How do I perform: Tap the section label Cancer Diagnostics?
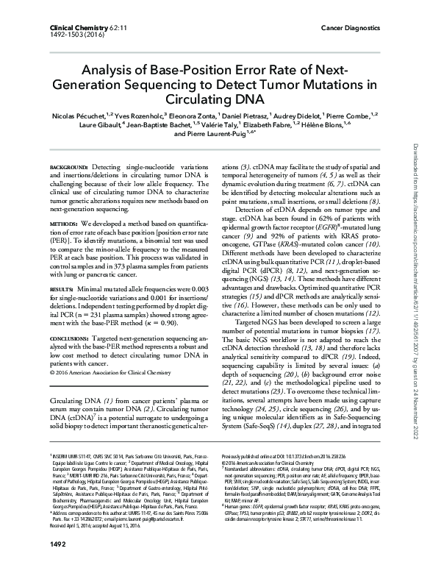tap(354, 26)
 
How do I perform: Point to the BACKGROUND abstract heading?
tap(70, 168)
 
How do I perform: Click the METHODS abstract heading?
tap(65, 221)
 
